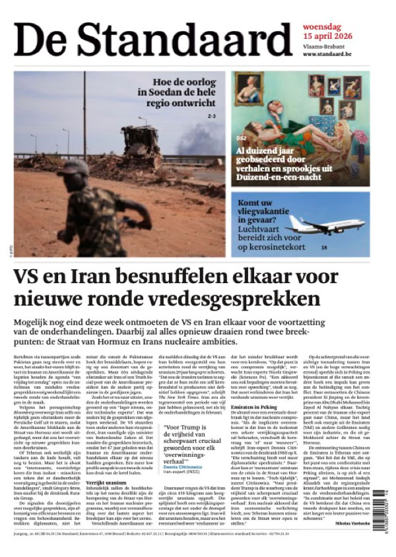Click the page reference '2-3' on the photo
pos(212,116)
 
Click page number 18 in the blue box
pos(324,247)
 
